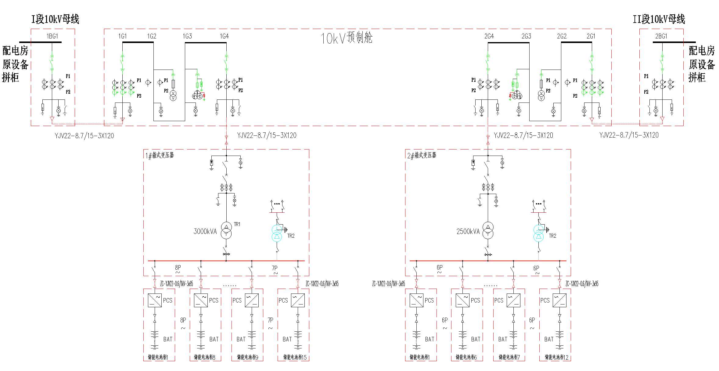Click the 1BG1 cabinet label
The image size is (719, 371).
(52, 36)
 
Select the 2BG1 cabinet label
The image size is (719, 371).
(661, 36)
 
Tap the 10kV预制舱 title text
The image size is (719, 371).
(346, 38)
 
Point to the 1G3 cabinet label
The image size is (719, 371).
(187, 36)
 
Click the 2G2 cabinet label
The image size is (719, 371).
(562, 36)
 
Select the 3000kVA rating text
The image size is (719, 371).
(205, 232)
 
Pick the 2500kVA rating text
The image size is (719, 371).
(468, 232)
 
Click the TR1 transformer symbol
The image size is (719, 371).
(226, 230)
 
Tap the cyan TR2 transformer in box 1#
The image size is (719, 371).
(277, 233)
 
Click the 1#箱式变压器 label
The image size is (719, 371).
(160, 156)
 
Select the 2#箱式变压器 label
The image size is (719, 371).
(422, 156)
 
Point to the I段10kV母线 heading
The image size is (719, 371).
(55, 19)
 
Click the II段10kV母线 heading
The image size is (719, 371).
(659, 19)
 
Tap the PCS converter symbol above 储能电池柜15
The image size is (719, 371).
(298, 300)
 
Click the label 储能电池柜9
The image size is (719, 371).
(248, 357)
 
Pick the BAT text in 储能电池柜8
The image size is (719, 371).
(214, 339)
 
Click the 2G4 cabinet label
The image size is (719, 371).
(489, 36)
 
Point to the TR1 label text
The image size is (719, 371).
(237, 224)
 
